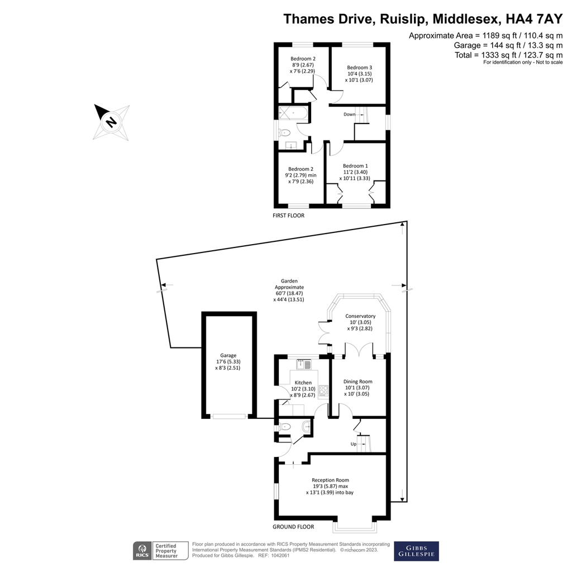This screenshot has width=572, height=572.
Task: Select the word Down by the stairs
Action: pyautogui.click(x=349, y=115)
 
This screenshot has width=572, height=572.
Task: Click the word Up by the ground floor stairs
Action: pyautogui.click(x=353, y=444)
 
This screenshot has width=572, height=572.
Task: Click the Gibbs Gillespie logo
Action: pyautogui.click(x=416, y=551)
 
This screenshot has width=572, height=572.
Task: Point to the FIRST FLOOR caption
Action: pyautogui.click(x=288, y=215)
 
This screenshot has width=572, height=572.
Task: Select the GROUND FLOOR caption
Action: pyautogui.click(x=293, y=527)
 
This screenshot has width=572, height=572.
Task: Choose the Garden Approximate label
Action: pyautogui.click(x=289, y=290)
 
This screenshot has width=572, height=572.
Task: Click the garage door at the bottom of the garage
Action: pyautogui.click(x=230, y=416)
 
